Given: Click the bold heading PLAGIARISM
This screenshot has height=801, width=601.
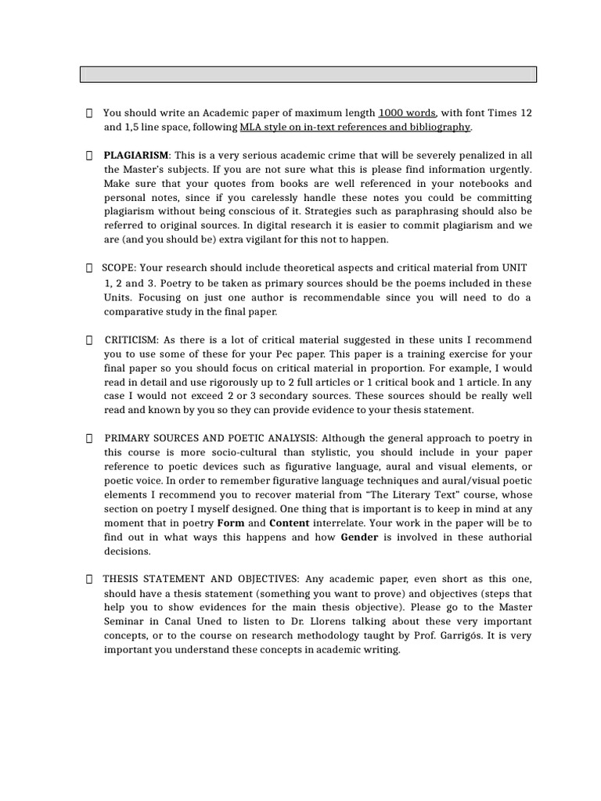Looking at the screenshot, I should (x=136, y=155).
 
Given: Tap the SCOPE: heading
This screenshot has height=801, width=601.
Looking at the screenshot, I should (x=119, y=268).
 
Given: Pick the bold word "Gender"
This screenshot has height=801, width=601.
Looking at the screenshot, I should (x=359, y=537).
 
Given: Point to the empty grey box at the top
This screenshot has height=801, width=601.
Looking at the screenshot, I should (x=308, y=74).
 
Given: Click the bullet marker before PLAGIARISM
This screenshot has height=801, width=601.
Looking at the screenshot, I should (x=89, y=155).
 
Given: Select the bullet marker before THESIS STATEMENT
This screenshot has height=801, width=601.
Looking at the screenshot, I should (x=89, y=579).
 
